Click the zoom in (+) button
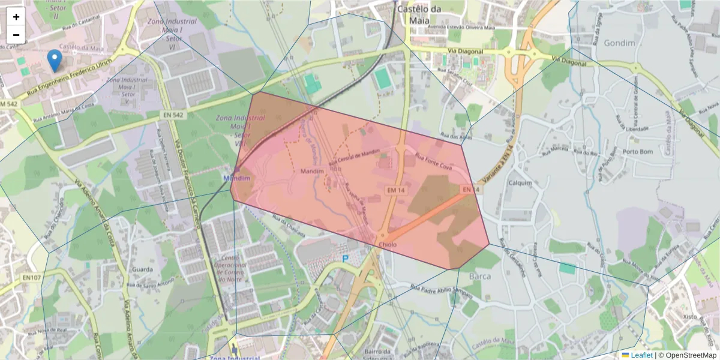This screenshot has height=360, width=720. [x=16, y=17]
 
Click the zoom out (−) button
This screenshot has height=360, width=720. [x=16, y=35]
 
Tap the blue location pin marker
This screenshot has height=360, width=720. [x=55, y=60]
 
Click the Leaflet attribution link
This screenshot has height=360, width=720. [x=641, y=355]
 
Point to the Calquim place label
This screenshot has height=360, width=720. [x=520, y=183]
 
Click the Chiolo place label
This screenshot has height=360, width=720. [x=388, y=245]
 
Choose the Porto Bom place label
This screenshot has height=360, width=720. [x=637, y=152]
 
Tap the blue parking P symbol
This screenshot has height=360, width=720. [x=345, y=259]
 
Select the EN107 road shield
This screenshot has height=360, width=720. [x=32, y=278]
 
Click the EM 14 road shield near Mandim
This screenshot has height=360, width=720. [x=395, y=190]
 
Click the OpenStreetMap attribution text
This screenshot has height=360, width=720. [x=690, y=355]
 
